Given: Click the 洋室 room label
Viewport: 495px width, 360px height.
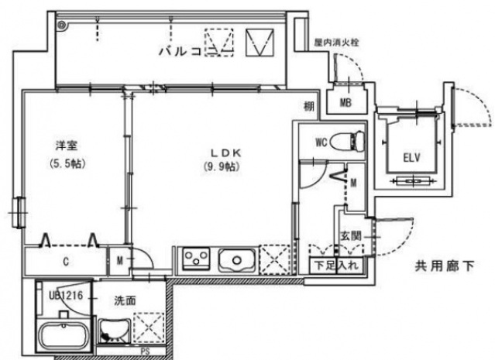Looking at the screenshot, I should [65, 146].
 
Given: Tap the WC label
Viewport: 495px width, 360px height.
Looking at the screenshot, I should [323, 142].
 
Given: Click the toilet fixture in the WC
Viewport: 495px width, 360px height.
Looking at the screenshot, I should [352, 142].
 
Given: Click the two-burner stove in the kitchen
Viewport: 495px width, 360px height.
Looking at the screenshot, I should [197, 258].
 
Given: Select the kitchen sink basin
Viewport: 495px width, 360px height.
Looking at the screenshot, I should [235, 258].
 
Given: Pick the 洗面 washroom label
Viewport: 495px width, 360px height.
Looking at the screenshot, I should [126, 300].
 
